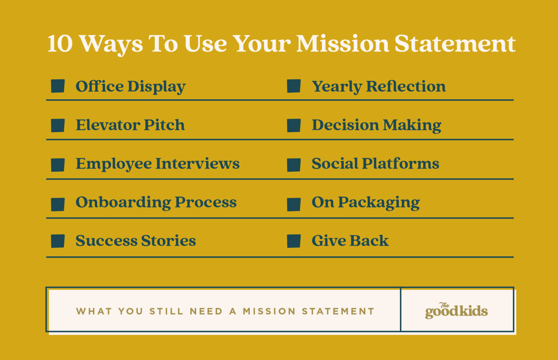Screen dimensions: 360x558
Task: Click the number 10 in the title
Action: (x=60, y=44)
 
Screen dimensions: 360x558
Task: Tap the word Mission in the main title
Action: (x=342, y=44)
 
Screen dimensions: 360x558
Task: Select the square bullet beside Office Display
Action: (x=58, y=86)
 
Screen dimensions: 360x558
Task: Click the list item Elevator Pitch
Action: (x=130, y=125)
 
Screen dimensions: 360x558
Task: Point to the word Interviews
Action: (x=197, y=163)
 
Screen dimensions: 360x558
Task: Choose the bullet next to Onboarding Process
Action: (x=58, y=204)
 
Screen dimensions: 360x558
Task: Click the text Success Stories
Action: (x=136, y=241)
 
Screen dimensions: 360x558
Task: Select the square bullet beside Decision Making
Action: (x=294, y=125)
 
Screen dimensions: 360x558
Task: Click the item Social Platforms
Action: (x=375, y=163)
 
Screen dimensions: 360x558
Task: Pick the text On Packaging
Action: (x=365, y=203)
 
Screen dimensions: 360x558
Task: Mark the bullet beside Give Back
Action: (x=294, y=241)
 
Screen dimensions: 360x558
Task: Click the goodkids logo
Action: (x=456, y=311)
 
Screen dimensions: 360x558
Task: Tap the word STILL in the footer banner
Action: (x=166, y=311)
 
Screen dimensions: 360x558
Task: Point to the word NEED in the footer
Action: (x=206, y=311)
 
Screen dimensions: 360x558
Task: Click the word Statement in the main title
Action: (x=454, y=44)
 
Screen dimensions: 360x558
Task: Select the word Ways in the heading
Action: (x=111, y=44)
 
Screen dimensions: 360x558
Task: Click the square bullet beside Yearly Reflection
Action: (x=294, y=86)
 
